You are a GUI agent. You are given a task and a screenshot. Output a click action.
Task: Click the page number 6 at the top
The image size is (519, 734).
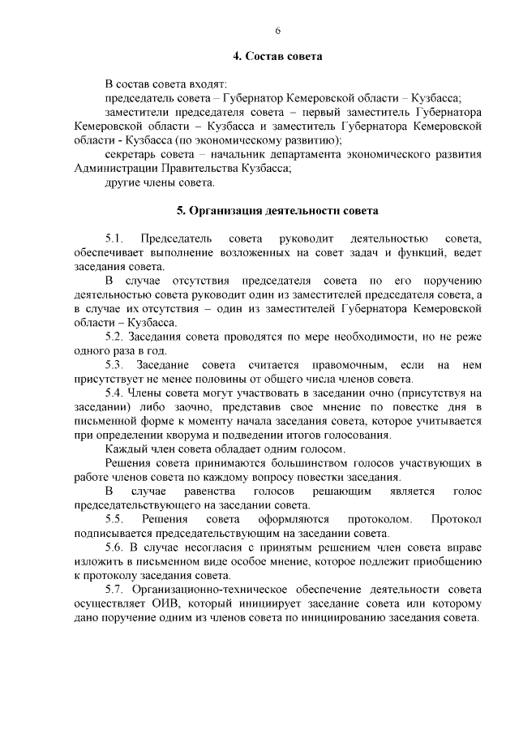point(277,31)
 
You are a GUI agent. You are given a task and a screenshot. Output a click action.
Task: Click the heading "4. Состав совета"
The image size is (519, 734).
point(277,57)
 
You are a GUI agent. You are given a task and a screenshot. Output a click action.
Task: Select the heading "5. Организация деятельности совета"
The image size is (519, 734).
point(277,212)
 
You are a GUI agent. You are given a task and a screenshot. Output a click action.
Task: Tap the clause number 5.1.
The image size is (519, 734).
point(114,238)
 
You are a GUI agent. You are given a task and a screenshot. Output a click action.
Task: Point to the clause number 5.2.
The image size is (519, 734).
point(114,337)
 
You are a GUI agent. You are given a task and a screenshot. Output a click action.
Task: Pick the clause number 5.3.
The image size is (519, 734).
point(114,365)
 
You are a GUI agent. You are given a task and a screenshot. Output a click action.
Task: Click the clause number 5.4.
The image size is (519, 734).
point(114,393)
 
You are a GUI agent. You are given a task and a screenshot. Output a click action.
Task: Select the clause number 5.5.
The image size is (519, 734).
point(114,518)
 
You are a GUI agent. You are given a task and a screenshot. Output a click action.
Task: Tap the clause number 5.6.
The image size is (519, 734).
point(114,547)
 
